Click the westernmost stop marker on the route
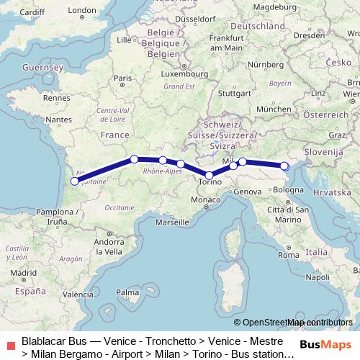(74, 181)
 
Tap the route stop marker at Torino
(209, 175)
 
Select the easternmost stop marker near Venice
(284, 166)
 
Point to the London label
(81, 10)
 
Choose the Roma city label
(287, 255)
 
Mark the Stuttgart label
(233, 93)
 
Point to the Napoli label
(317, 276)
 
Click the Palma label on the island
(128, 292)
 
